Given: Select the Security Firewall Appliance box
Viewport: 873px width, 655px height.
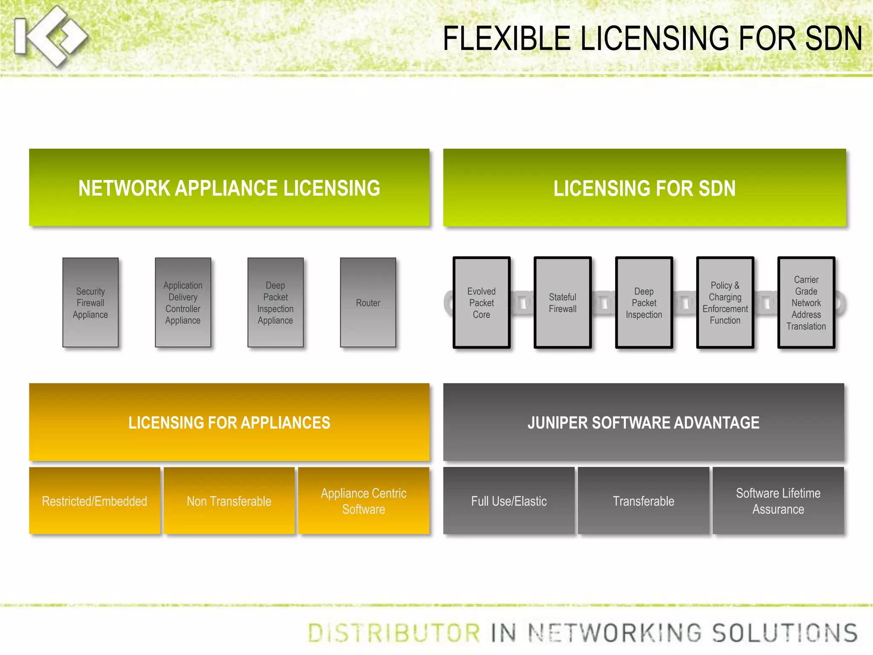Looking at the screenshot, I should (x=90, y=303).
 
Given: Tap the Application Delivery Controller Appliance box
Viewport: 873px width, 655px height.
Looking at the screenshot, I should (x=183, y=303).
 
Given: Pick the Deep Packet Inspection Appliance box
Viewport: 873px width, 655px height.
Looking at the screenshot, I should (x=275, y=303).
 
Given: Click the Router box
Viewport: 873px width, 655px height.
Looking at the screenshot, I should (x=368, y=303).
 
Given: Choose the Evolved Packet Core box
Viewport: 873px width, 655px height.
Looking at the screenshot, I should (x=481, y=303).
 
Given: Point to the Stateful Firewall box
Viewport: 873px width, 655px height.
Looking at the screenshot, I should (x=563, y=303).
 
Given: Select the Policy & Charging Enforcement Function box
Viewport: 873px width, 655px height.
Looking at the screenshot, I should (x=725, y=303).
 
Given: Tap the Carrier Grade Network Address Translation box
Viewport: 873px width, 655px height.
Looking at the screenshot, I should (x=806, y=303).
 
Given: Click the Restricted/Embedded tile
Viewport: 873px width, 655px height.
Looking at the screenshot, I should (x=95, y=501).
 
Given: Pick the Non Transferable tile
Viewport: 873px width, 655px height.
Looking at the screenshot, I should (x=229, y=501).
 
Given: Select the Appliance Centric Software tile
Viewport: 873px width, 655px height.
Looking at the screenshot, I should (x=364, y=501).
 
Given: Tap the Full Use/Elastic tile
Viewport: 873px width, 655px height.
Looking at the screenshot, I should (x=509, y=501).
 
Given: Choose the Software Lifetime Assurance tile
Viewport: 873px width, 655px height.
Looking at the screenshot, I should (x=778, y=501).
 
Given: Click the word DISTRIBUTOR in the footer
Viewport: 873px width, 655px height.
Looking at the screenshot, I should (x=394, y=633).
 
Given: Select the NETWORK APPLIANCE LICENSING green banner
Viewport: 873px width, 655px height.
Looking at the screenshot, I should (x=229, y=188).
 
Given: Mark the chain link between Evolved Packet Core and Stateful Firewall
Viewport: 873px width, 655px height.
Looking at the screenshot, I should (x=522, y=303).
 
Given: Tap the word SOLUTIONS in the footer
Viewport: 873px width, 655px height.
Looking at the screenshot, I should (x=785, y=633).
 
